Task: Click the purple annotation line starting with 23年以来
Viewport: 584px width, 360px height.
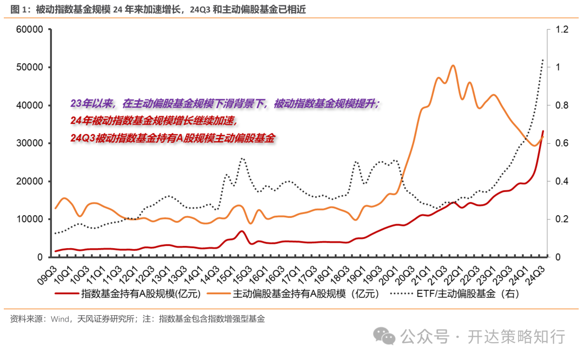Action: [225, 103]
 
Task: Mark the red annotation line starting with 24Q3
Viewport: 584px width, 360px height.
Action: [173, 138]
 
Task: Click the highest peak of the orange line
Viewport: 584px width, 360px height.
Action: [453, 65]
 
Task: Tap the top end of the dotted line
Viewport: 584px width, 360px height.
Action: [543, 59]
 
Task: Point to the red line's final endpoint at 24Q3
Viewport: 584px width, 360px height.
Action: [543, 131]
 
